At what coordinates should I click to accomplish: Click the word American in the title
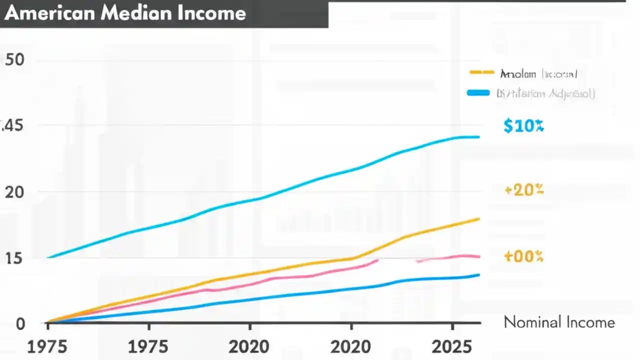(x=49, y=13)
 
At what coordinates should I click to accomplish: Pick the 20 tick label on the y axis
(x=14, y=192)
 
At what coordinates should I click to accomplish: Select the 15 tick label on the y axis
(x=13, y=258)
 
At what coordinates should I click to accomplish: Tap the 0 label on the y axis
(x=20, y=324)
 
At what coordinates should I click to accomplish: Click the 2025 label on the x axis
(x=452, y=346)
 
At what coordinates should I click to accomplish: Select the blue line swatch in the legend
(x=478, y=93)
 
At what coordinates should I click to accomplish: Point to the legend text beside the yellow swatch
(x=538, y=74)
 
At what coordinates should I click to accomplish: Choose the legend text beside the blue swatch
(x=545, y=93)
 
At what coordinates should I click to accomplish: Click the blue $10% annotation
(x=523, y=126)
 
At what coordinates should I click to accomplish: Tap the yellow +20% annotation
(x=524, y=190)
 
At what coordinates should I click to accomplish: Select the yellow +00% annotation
(x=523, y=256)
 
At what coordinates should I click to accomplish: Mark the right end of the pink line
(x=479, y=256)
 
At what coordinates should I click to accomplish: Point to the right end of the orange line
(x=479, y=219)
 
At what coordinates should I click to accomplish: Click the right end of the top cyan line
(x=479, y=136)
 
